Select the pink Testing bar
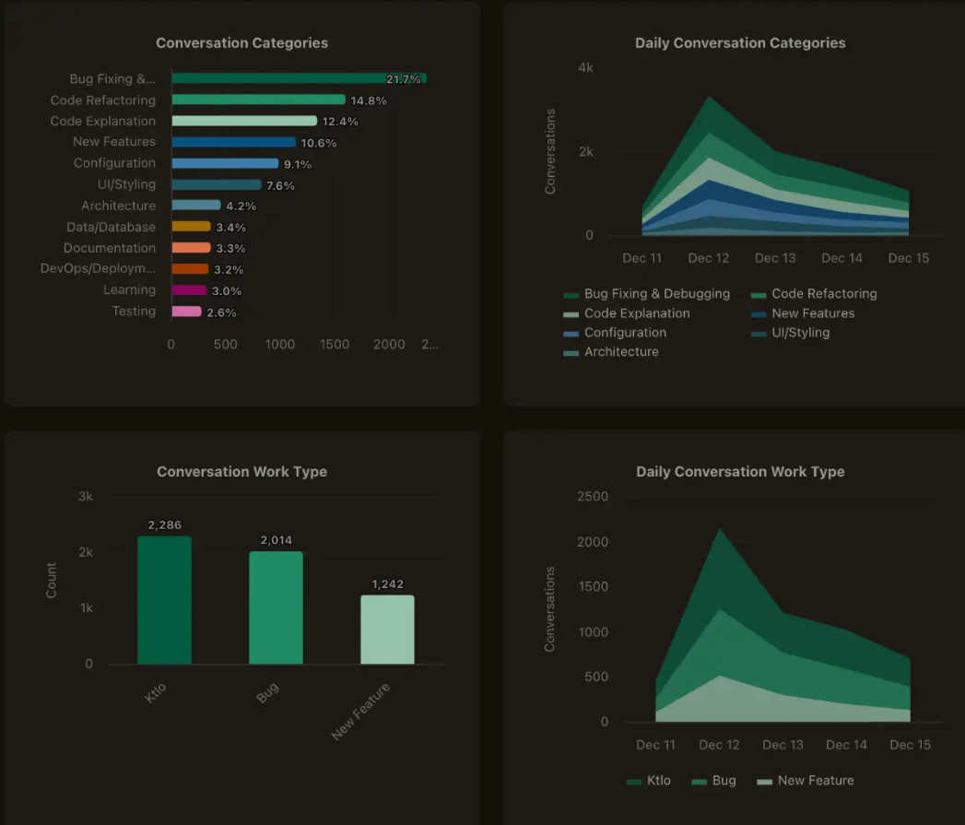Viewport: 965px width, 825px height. tap(186, 312)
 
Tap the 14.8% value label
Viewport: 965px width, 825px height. tap(369, 100)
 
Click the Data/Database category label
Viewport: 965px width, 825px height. tap(111, 227)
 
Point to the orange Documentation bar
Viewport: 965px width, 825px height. tap(191, 248)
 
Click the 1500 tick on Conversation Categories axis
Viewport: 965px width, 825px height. tap(335, 345)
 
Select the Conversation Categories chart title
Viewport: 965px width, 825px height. tap(241, 43)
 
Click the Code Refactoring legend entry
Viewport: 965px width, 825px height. tap(823, 294)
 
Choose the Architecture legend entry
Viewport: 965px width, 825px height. tap(620, 352)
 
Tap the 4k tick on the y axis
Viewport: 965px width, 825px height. tap(585, 68)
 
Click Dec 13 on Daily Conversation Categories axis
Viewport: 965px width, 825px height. tap(775, 258)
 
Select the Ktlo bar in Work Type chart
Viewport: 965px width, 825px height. tap(165, 600)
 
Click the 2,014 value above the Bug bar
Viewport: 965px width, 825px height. tap(276, 540)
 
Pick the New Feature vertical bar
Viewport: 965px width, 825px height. tap(387, 630)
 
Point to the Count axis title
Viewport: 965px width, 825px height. tap(52, 581)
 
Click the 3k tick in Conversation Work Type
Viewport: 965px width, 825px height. tap(85, 497)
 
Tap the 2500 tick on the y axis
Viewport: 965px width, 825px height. tap(592, 497)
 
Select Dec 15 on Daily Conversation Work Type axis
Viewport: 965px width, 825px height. tap(910, 745)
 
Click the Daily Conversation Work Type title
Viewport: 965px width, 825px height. tap(740, 472)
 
